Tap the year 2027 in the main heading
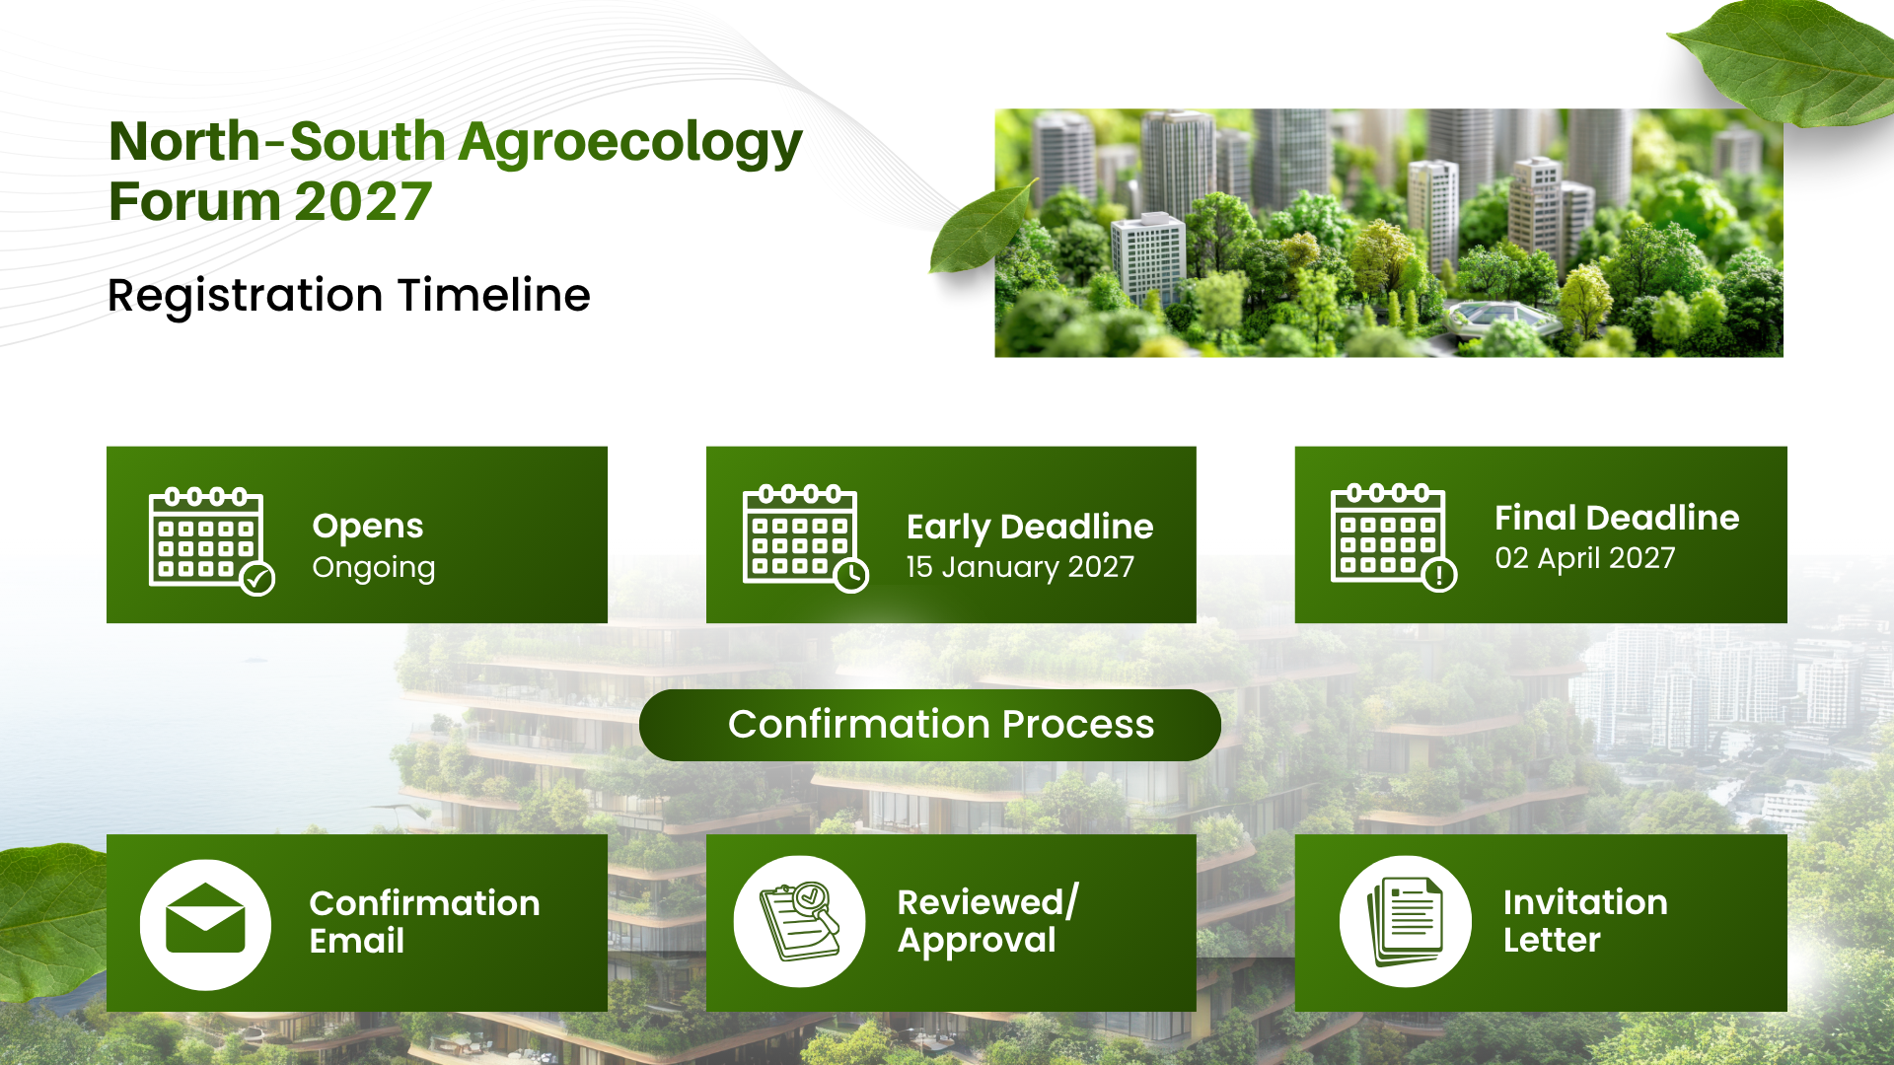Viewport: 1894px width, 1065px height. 363,202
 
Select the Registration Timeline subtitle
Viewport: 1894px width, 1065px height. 348,296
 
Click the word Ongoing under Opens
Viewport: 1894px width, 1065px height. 373,569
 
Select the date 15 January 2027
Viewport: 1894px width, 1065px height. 1020,567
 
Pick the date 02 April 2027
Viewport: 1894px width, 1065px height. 1584,558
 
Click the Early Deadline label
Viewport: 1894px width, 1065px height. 1030,528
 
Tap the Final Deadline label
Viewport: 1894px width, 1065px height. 1617,518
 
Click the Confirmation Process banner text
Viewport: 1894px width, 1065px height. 941,725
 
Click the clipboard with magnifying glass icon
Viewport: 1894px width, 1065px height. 800,921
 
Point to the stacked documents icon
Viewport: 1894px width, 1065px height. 1405,922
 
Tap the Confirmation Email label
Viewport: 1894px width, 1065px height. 424,922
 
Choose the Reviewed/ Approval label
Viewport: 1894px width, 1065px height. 987,921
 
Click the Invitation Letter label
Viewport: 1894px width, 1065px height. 1585,921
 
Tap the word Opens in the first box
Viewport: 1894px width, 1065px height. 368,528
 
